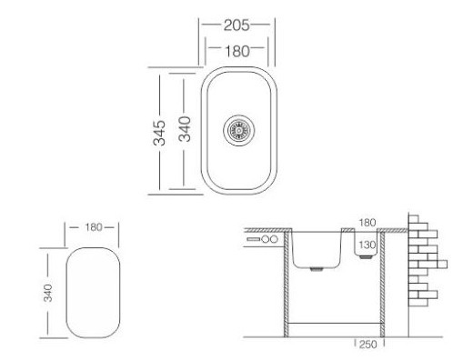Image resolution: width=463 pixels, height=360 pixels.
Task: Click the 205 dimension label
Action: pyautogui.click(x=237, y=25)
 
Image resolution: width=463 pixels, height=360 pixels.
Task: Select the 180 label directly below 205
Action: pyautogui.click(x=237, y=51)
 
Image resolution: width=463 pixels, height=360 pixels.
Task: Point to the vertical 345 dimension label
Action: pyautogui.click(x=159, y=133)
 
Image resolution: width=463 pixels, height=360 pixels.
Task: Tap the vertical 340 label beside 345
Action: pyautogui.click(x=185, y=129)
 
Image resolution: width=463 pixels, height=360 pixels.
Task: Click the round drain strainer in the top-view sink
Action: pyautogui.click(x=239, y=130)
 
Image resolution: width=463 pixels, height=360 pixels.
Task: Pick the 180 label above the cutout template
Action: pyautogui.click(x=94, y=227)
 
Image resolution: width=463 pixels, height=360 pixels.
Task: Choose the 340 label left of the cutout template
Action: pyautogui.click(x=48, y=293)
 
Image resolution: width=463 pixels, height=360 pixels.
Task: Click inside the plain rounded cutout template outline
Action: pyautogui.click(x=93, y=293)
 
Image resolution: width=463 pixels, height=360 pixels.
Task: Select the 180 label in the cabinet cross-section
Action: pyautogui.click(x=367, y=223)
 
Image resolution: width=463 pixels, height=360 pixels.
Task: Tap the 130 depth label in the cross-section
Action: pyautogui.click(x=367, y=245)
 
